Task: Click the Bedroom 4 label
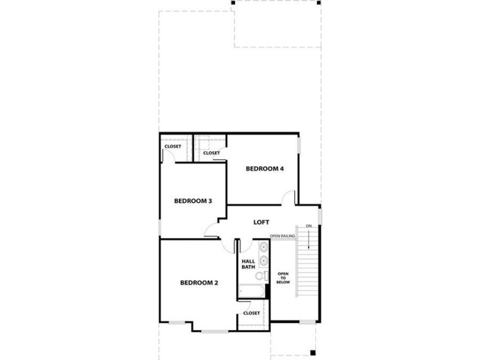[265, 169]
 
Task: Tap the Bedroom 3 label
[193, 201]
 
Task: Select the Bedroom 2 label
[199, 283]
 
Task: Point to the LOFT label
[262, 222]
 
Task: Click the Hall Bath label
[248, 264]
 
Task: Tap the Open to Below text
[283, 278]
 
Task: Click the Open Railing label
[282, 236]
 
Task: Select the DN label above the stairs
[309, 226]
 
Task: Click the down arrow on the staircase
[309, 239]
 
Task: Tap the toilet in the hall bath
[261, 275]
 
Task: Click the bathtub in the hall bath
[251, 291]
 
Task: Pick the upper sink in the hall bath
[263, 247]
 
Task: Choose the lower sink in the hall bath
[263, 261]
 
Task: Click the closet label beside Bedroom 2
[251, 313]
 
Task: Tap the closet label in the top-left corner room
[173, 147]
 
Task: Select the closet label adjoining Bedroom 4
[211, 153]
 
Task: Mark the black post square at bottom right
[313, 352]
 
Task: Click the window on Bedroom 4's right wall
[299, 146]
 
